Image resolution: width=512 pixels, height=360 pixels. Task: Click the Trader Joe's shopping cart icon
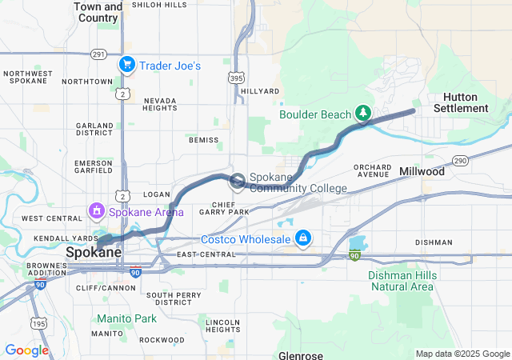point(126,65)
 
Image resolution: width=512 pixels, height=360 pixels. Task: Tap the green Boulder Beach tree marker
point(362,114)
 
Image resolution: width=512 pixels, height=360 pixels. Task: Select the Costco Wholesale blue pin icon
point(303,238)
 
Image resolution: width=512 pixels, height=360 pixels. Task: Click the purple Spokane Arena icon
point(96,212)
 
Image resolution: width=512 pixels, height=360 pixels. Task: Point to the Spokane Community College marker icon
point(238,182)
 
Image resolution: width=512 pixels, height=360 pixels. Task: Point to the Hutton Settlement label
point(460,102)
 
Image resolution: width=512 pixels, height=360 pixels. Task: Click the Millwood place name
point(422,172)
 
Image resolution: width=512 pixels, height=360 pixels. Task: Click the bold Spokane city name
point(93,252)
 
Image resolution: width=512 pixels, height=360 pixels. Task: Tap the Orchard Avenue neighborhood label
point(374,170)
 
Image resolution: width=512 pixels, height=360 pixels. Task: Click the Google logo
point(26,350)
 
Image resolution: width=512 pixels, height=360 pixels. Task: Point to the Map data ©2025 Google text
point(462,354)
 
